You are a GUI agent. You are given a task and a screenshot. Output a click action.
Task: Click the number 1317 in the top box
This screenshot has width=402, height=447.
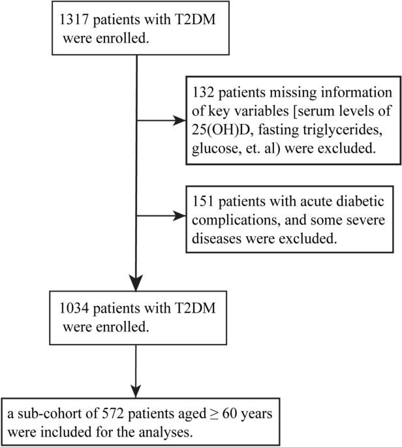74,20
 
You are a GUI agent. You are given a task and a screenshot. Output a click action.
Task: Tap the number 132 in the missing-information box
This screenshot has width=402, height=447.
203,93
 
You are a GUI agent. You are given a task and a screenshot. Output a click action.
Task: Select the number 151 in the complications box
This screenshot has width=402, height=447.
203,201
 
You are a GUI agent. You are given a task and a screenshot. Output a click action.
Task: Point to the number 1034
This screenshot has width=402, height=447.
74,308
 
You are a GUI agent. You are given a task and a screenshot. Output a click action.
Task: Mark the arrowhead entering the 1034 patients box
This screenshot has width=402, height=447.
136,283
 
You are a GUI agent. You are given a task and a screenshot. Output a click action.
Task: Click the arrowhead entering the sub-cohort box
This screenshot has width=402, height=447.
136,391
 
